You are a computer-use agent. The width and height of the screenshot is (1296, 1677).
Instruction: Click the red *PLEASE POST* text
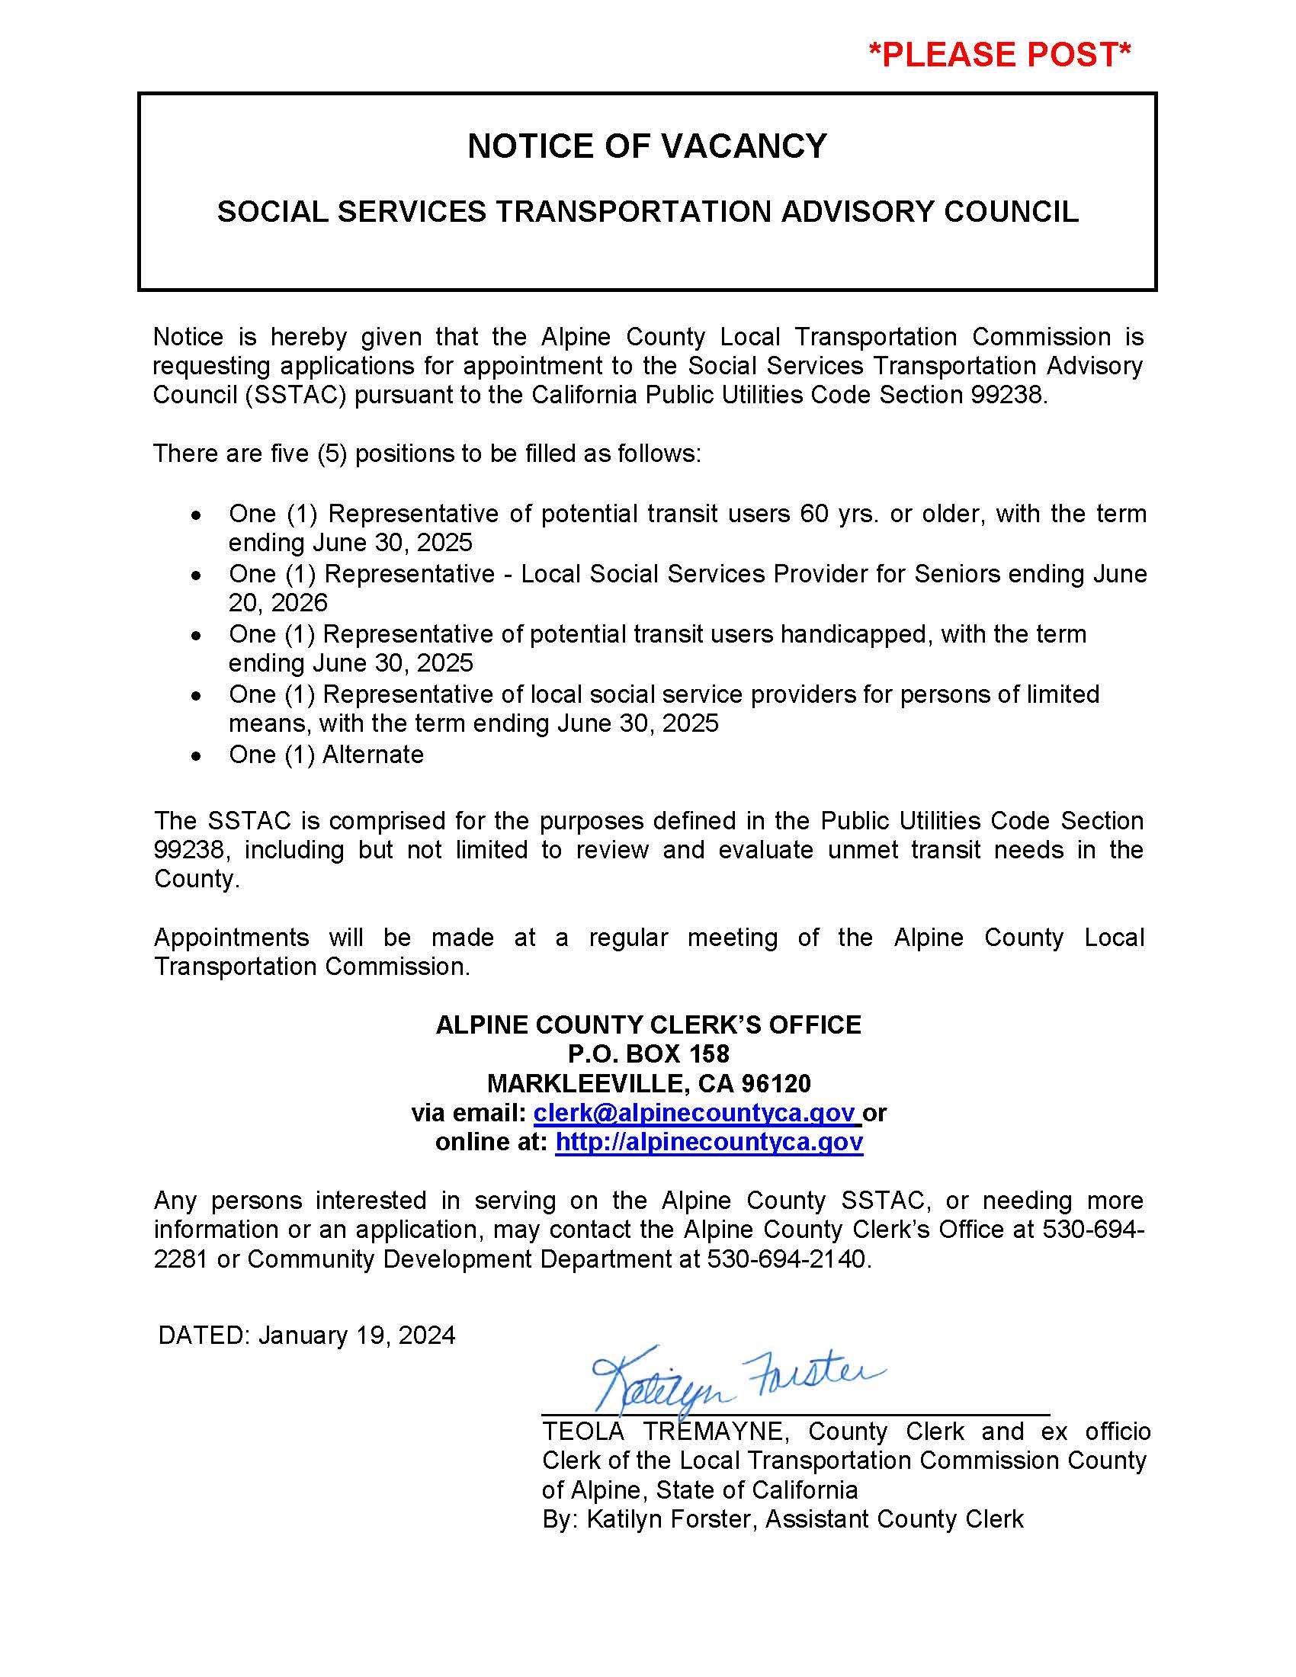(x=999, y=56)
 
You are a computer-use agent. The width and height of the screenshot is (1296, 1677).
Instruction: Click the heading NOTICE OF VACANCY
(x=647, y=146)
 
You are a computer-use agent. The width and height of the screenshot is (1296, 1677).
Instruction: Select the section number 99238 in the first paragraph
(x=1006, y=395)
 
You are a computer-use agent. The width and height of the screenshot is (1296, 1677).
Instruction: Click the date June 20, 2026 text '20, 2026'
(x=278, y=603)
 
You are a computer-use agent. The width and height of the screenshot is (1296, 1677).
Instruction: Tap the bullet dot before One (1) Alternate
(x=197, y=756)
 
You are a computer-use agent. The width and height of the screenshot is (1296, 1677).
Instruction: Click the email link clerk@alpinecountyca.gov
(x=695, y=1113)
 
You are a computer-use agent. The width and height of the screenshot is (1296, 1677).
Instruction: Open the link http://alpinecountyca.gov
(x=709, y=1142)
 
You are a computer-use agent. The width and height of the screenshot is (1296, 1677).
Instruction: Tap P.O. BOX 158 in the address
(x=648, y=1053)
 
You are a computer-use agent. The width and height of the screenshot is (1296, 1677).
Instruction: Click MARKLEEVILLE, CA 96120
(x=648, y=1083)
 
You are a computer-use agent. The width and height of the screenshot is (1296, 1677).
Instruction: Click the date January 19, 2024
(x=357, y=1336)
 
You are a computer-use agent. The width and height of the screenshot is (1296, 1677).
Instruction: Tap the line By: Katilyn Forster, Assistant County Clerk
(x=782, y=1518)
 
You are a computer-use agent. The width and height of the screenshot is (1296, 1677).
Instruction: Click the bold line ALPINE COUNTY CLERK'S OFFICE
(x=648, y=1024)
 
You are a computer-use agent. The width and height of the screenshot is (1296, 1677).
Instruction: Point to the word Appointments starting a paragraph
(x=231, y=938)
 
